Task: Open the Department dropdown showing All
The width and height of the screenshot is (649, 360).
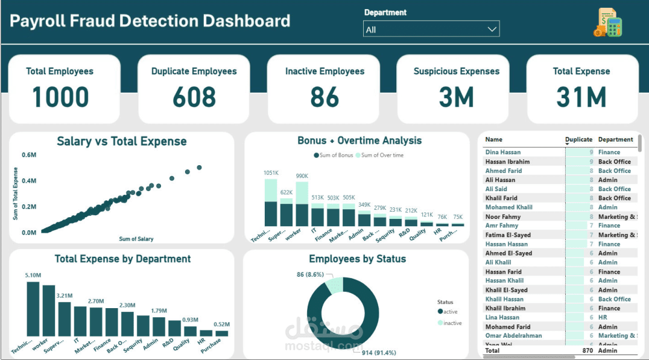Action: click(431, 29)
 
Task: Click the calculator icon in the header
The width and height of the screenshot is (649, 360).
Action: click(607, 23)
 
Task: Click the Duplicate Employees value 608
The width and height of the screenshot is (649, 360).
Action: click(194, 97)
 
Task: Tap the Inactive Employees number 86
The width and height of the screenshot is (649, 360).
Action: click(324, 97)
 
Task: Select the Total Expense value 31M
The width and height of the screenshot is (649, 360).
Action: click(581, 97)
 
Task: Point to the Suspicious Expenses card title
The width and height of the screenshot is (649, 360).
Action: click(456, 71)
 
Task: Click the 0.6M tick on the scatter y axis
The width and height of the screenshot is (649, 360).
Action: click(29, 155)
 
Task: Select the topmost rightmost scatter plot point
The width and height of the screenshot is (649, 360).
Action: click(199, 168)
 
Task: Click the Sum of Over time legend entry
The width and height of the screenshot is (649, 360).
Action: click(381, 156)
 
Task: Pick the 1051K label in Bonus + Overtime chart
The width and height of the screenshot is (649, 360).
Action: click(271, 173)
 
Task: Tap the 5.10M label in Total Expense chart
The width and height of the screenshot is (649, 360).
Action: click(33, 276)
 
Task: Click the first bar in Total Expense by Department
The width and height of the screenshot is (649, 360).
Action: click(33, 309)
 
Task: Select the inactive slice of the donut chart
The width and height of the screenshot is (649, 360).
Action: click(334, 285)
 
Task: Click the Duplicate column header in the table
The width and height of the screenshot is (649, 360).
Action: click(578, 139)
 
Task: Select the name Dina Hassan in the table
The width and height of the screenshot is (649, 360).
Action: click(502, 153)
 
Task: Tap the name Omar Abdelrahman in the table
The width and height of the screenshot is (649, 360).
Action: click(513, 336)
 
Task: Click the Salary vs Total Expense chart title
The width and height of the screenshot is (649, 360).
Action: click(121, 142)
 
